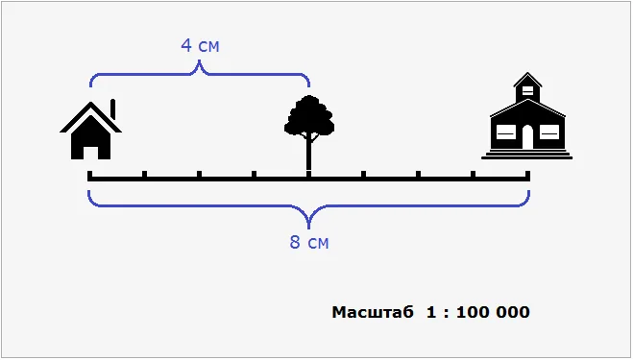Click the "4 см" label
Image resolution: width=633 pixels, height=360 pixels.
click(200, 45)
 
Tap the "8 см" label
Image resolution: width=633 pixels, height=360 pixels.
click(309, 242)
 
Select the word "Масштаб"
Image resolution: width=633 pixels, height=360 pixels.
click(373, 312)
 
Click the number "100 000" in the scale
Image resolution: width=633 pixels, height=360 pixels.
click(493, 312)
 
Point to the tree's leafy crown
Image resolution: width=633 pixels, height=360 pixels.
click(309, 116)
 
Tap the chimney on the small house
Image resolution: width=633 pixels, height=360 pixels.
click(113, 109)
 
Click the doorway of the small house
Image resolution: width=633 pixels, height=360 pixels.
click(91, 153)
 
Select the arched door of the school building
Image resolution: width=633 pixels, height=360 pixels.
click(527, 137)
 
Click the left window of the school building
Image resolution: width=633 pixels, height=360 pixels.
click(506, 132)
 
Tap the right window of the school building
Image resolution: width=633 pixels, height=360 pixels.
click(549, 132)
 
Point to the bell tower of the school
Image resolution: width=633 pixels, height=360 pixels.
click(527, 87)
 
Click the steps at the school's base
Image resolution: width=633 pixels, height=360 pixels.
click(527, 155)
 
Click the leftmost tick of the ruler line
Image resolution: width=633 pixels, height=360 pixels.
click(90, 175)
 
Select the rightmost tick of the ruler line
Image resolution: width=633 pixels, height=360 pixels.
click(527, 175)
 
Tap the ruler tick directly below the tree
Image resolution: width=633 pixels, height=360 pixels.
click(309, 175)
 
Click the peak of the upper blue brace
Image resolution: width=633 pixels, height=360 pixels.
click(199, 60)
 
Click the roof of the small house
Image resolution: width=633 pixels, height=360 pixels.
click(91, 117)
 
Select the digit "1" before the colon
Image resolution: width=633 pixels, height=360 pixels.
click(431, 312)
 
